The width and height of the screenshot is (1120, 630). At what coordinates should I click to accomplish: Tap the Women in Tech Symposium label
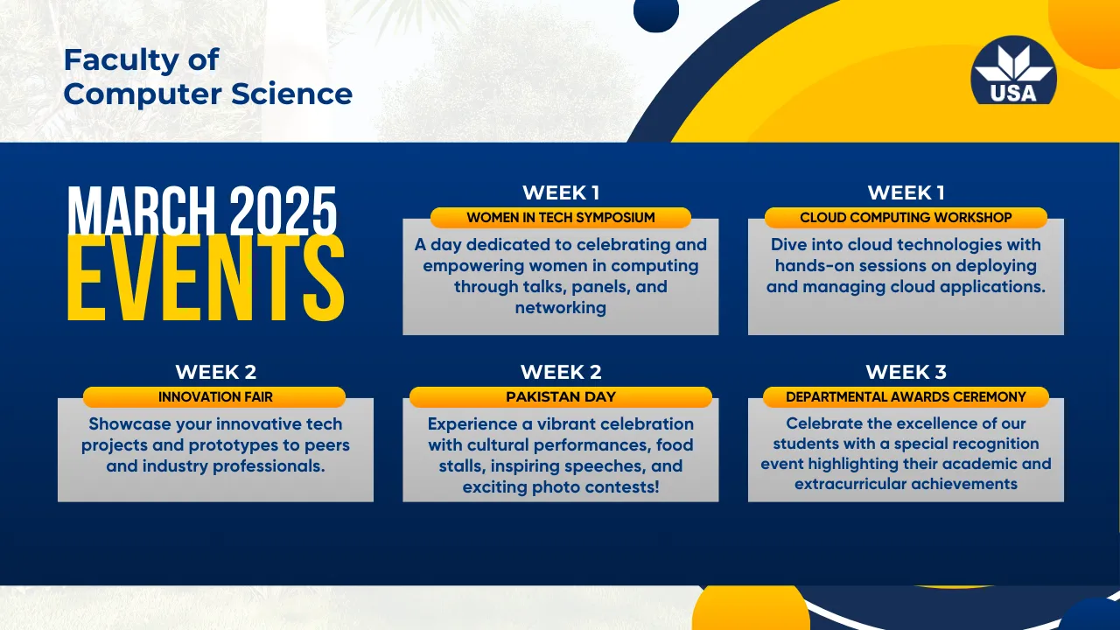pyautogui.click(x=561, y=218)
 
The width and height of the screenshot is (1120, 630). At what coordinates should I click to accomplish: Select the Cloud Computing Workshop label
pyautogui.click(x=906, y=218)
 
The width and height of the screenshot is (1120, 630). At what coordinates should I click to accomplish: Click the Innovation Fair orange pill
pyautogui.click(x=214, y=396)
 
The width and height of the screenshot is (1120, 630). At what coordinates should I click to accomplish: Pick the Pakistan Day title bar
pyautogui.click(x=561, y=396)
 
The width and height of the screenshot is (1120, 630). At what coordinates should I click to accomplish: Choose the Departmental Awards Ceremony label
pyautogui.click(x=906, y=396)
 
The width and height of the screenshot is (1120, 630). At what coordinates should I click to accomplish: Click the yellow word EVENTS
pyautogui.click(x=206, y=279)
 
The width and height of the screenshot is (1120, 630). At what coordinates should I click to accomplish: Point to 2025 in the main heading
pyautogui.click(x=283, y=211)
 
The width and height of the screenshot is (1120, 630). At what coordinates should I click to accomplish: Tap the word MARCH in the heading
pyautogui.click(x=142, y=211)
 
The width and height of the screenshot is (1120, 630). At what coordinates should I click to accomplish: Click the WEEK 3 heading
pyautogui.click(x=906, y=372)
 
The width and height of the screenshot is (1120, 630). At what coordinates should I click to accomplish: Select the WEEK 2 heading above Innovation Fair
pyautogui.click(x=215, y=372)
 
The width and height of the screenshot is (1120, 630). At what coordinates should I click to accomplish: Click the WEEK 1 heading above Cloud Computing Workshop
pyautogui.click(x=906, y=192)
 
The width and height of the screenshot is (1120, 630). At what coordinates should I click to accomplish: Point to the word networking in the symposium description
pyautogui.click(x=561, y=308)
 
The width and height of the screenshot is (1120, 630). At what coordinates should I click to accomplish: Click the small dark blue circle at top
pyautogui.click(x=656, y=12)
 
